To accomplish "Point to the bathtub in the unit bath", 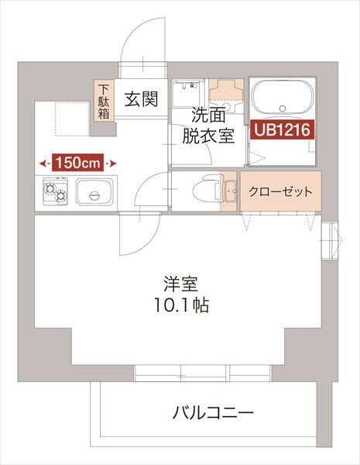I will pos(282,99).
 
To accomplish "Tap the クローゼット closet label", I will pos(281,191).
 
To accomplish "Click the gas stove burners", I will pos(56,190).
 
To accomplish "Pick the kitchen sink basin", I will pos(95,191).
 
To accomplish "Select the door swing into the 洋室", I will pos(135,236).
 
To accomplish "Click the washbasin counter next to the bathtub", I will pos(227,91).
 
